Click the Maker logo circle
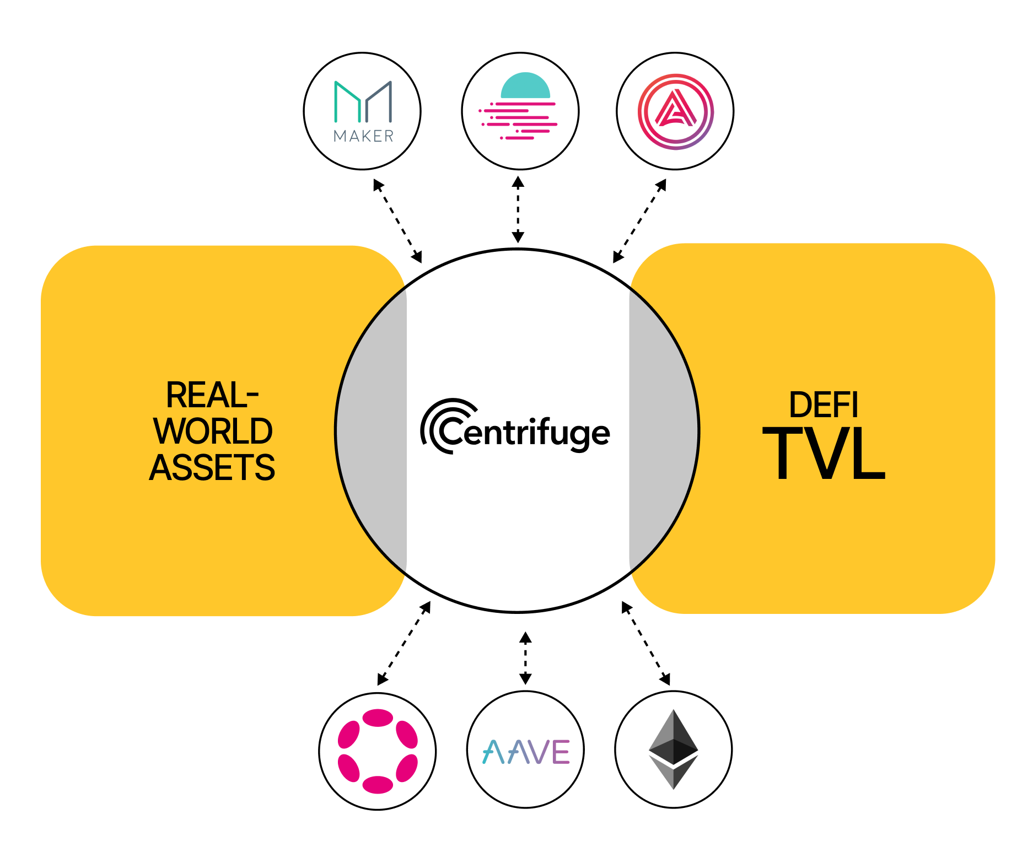362,111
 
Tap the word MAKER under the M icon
363,136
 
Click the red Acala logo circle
675,111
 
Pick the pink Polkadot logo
378,751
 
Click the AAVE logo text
526,752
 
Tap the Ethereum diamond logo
673,749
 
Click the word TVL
824,454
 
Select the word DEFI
824,405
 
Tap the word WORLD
213,431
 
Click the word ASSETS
212,467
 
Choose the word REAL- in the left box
212,395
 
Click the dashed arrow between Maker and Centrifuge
397,220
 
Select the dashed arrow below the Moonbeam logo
518,209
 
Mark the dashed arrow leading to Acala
640,220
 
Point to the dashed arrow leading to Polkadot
403,643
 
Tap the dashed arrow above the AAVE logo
525,658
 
